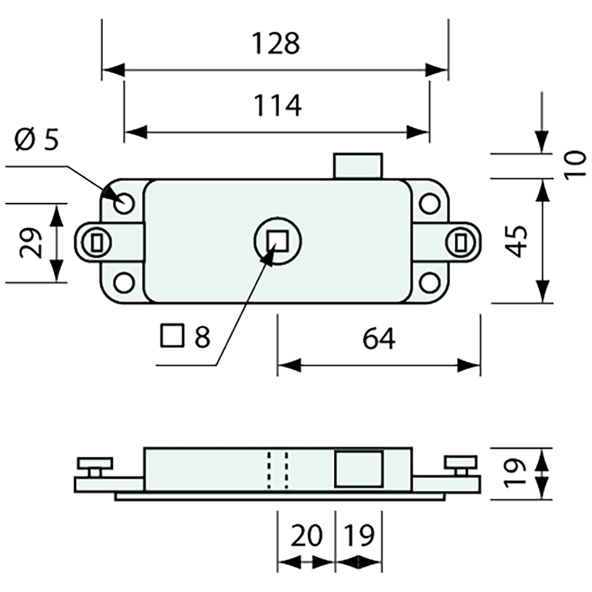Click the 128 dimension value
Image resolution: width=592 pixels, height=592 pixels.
276,44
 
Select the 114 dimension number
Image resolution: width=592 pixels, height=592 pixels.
277,105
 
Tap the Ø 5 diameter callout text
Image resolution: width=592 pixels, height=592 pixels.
37,140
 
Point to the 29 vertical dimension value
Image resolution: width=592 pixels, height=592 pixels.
31,243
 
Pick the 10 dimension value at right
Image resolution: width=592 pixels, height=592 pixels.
575,165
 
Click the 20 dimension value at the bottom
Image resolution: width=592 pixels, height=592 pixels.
306,536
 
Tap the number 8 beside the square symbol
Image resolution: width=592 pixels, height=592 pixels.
202,337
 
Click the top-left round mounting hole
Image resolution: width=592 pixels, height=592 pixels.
124,203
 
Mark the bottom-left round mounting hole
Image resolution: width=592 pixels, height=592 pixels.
124,281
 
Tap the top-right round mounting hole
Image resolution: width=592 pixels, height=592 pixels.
429,203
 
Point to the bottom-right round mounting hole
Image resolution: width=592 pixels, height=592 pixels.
429,281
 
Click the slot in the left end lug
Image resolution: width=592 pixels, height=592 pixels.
97,243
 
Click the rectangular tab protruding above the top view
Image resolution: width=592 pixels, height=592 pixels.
358,166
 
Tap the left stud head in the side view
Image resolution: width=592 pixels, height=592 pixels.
95,462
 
